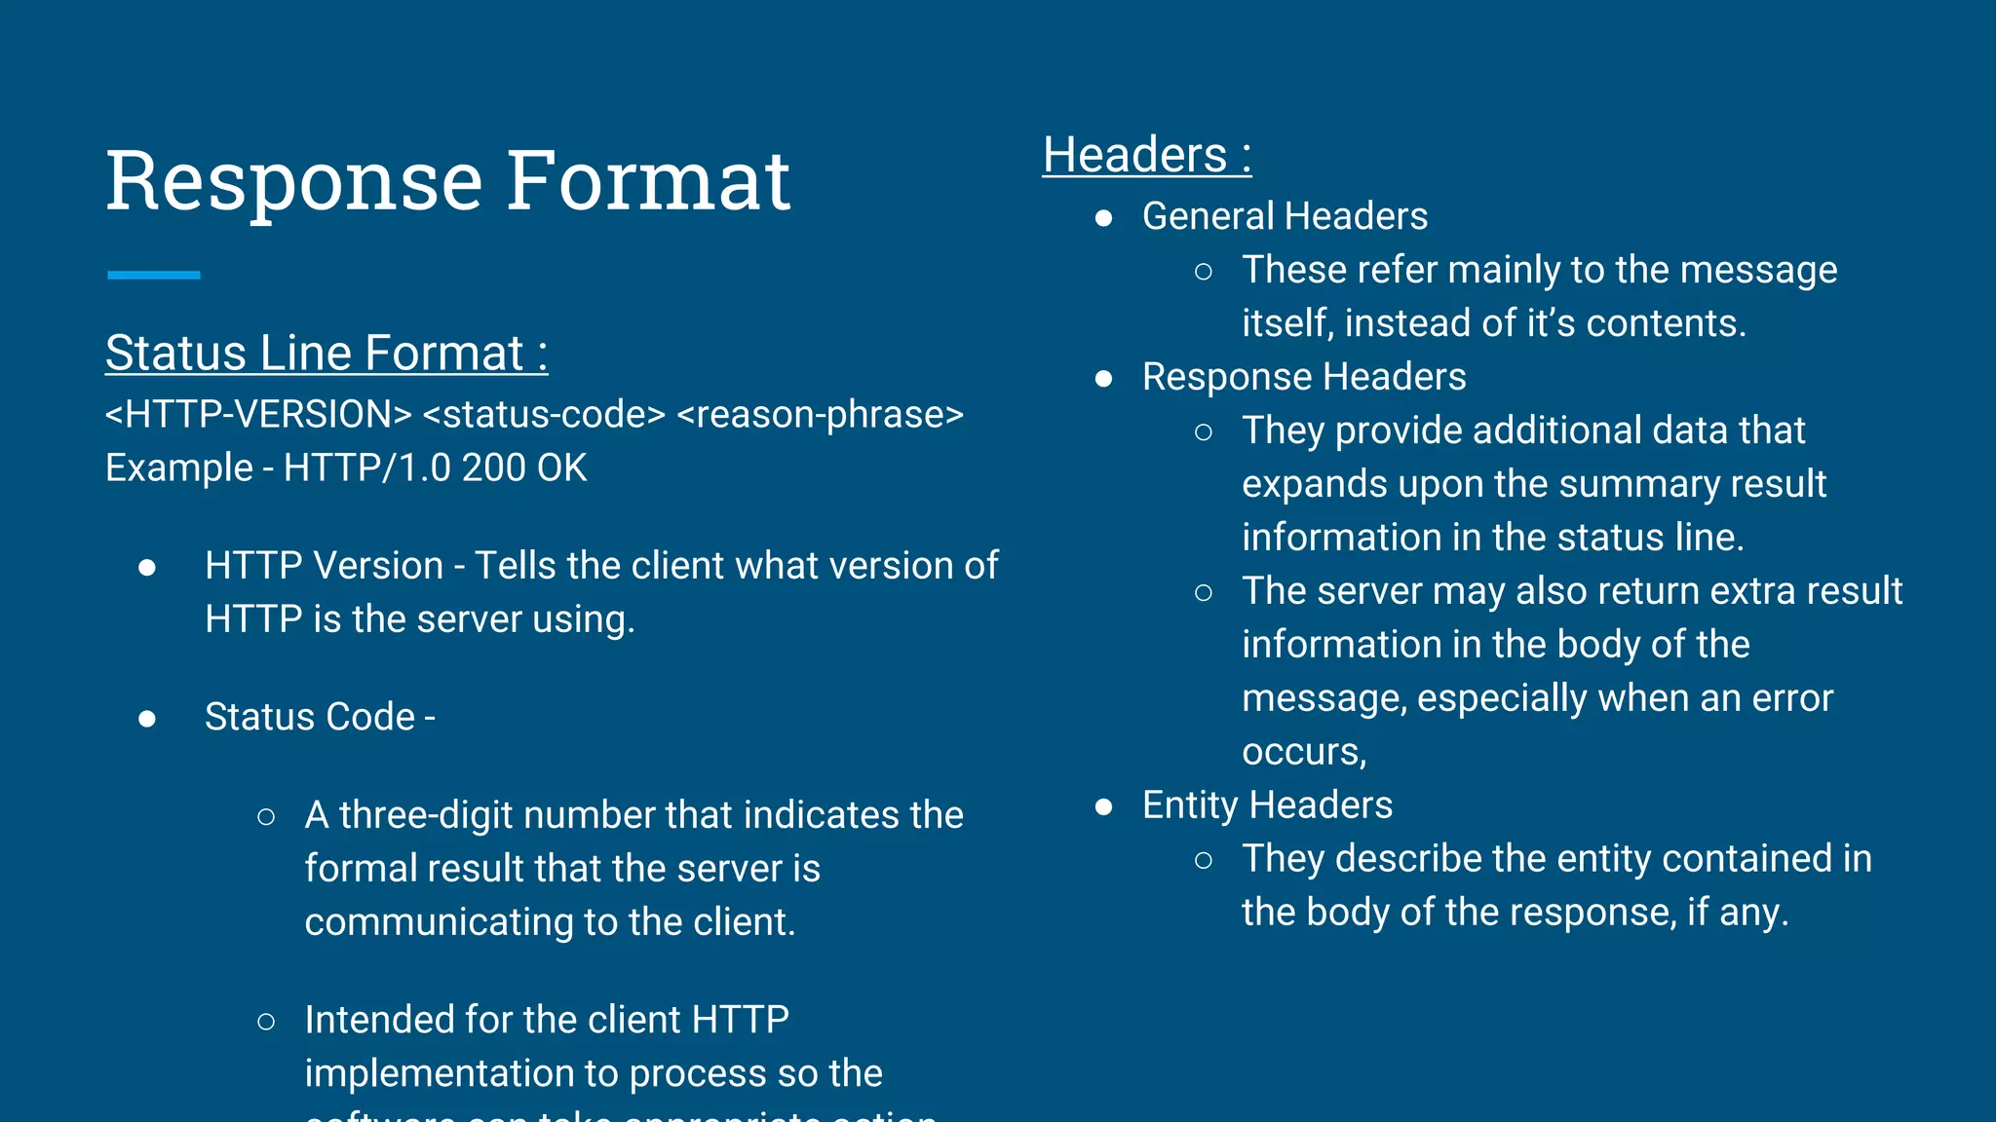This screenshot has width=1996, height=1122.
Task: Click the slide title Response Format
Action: (447, 181)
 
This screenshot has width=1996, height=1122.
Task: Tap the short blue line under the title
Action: (154, 276)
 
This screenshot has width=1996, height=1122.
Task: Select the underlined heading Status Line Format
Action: (326, 353)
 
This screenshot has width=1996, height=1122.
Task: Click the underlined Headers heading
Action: (1146, 155)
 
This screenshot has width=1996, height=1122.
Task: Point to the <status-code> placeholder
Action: (544, 415)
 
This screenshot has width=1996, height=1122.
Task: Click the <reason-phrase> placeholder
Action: (820, 415)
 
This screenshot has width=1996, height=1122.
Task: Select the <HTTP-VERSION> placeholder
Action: (258, 415)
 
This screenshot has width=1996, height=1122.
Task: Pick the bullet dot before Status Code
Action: (147, 719)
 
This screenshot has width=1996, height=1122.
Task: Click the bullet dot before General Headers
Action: (1103, 218)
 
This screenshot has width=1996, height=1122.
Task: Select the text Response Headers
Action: (1303, 377)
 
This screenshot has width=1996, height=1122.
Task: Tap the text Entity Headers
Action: (1267, 805)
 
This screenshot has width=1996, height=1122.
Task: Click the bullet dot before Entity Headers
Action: (1103, 806)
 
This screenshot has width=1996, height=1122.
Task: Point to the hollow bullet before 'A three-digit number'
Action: (266, 817)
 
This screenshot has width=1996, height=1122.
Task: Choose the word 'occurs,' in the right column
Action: (1304, 752)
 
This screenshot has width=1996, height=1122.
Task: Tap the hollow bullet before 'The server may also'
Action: (1204, 592)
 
